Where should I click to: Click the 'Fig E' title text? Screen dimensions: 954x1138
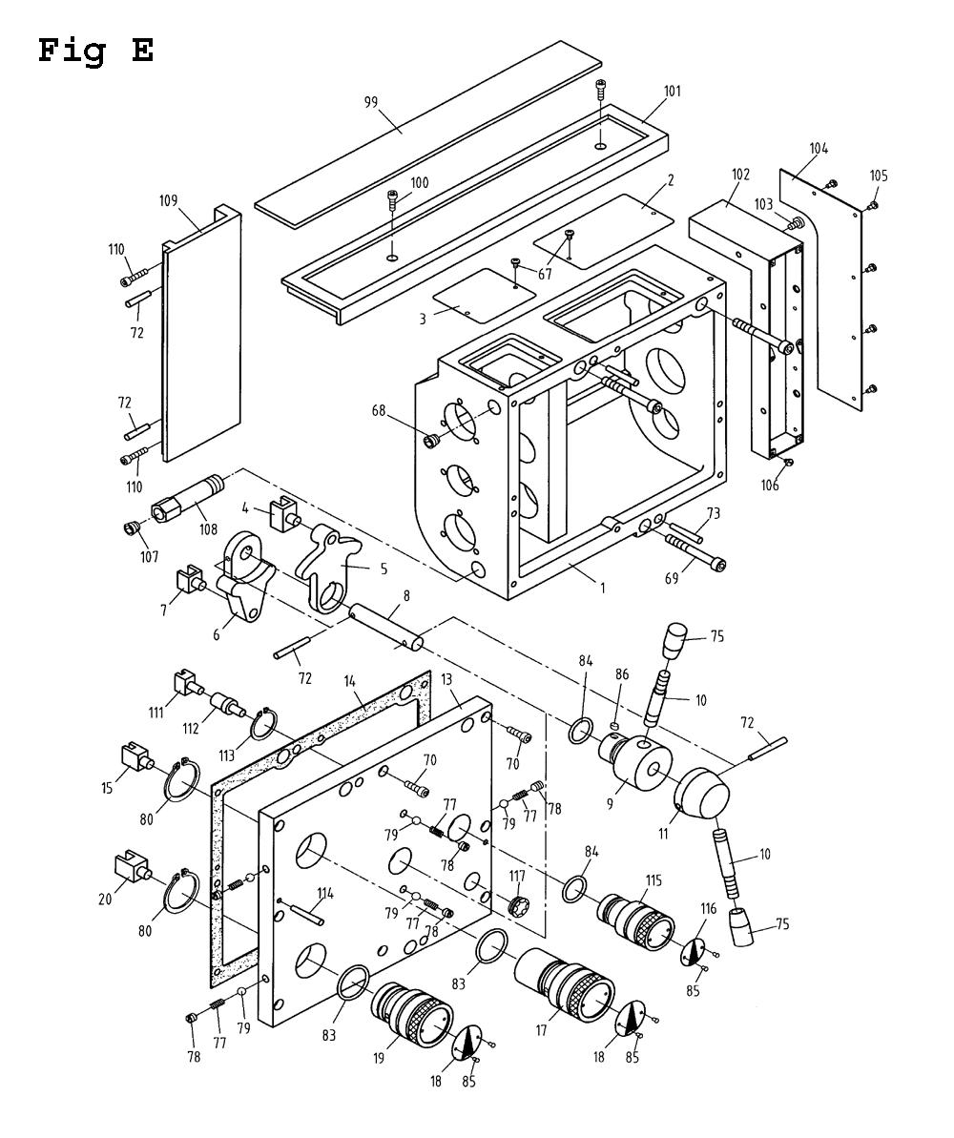pyautogui.click(x=95, y=51)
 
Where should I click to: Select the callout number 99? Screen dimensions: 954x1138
pyautogui.click(x=371, y=102)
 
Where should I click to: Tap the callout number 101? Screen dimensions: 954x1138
pyautogui.click(x=673, y=92)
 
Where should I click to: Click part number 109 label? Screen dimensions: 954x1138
pyautogui.click(x=168, y=200)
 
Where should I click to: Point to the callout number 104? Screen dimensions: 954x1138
pyautogui.click(x=819, y=148)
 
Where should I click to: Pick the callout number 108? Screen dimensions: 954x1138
pyautogui.click(x=208, y=529)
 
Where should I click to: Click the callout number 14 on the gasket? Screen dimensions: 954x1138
pyautogui.click(x=349, y=681)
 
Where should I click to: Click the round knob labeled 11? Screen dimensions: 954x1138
pyautogui.click(x=702, y=798)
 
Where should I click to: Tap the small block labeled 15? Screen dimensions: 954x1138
pyautogui.click(x=135, y=755)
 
